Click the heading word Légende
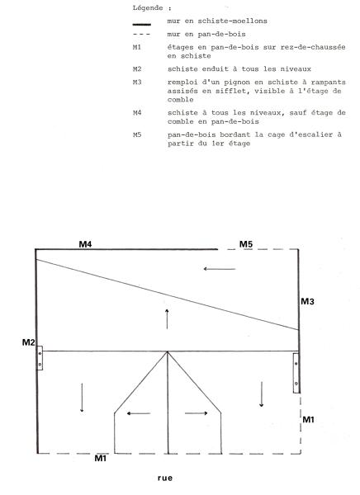[148, 8]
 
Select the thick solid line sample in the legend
[141, 24]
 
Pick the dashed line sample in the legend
[141, 34]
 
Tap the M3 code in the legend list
[137, 82]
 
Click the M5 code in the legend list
[137, 134]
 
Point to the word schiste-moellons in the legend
[232, 21]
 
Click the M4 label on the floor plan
[85, 244]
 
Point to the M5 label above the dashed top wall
[246, 244]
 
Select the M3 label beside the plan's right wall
[307, 301]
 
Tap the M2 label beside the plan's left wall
[28, 342]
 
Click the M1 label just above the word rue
[101, 458]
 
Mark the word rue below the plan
[165, 478]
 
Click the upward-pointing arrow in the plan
[167, 319]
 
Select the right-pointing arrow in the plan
[197, 413]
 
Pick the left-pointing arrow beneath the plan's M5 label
[220, 269]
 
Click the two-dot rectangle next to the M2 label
[40, 358]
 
